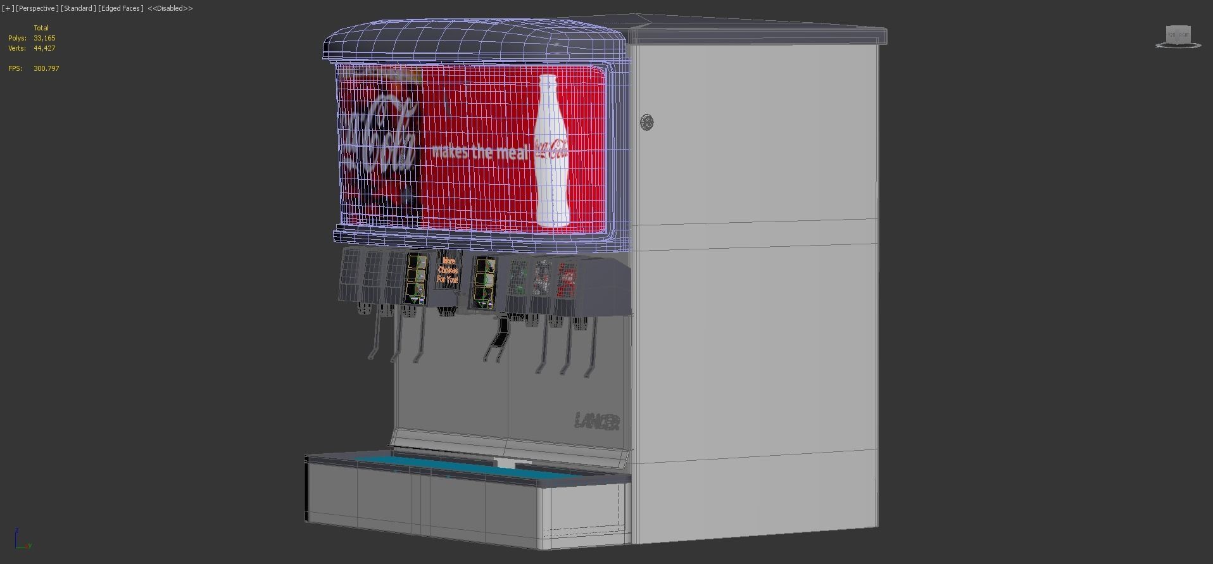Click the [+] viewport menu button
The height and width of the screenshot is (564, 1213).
pos(8,8)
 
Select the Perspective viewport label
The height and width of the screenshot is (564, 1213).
pos(37,8)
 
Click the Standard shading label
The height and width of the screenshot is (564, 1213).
pos(78,8)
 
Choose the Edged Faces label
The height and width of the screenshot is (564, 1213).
pos(120,8)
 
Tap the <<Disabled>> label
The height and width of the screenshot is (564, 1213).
pos(170,8)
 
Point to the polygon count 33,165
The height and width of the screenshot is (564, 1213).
pos(44,38)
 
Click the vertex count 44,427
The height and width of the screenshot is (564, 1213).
pos(44,48)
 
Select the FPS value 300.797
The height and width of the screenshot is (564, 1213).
pos(46,68)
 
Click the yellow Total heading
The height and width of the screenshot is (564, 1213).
pos(41,28)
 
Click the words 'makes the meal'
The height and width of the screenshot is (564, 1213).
pos(479,152)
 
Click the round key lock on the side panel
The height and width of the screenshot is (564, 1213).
pos(646,122)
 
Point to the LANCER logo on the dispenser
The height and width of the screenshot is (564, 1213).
pos(597,421)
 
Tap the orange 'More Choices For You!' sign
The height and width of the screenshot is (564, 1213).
pos(448,270)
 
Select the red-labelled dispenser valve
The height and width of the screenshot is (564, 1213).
pos(567,279)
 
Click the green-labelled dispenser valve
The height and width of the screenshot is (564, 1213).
pos(519,278)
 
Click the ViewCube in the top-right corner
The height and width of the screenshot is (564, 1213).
pos(1178,37)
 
